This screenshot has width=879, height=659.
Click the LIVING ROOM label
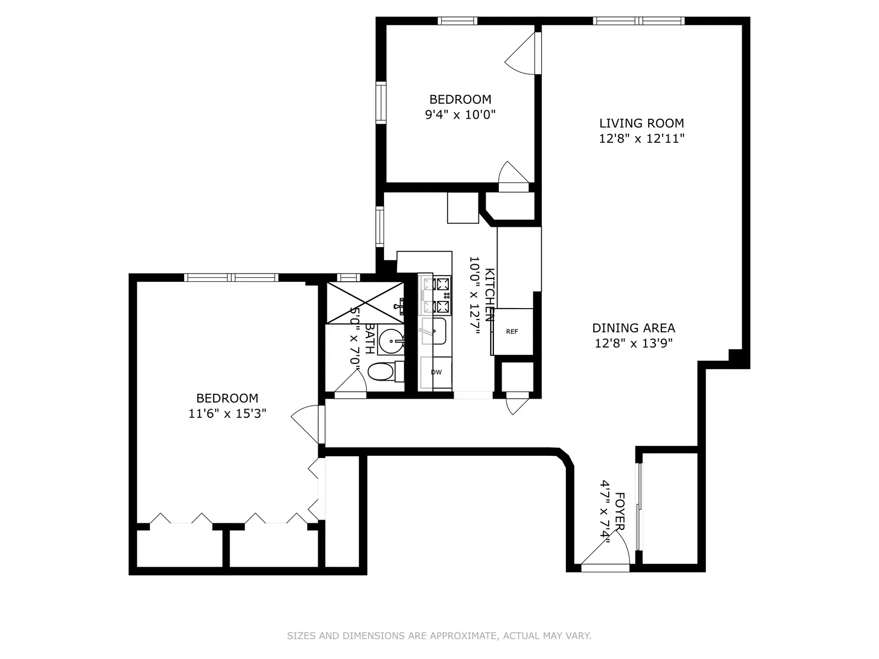click(x=641, y=123)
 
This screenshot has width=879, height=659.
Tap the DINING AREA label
click(x=633, y=328)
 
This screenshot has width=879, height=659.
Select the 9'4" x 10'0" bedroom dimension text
click(x=460, y=115)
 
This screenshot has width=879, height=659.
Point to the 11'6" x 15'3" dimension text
click(x=227, y=414)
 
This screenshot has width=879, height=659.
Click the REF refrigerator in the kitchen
click(x=512, y=332)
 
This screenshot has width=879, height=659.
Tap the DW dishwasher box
click(x=436, y=372)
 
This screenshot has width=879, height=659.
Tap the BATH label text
click(x=370, y=338)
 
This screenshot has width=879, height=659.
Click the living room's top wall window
click(x=639, y=21)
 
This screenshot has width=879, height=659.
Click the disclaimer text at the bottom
click(x=439, y=636)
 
